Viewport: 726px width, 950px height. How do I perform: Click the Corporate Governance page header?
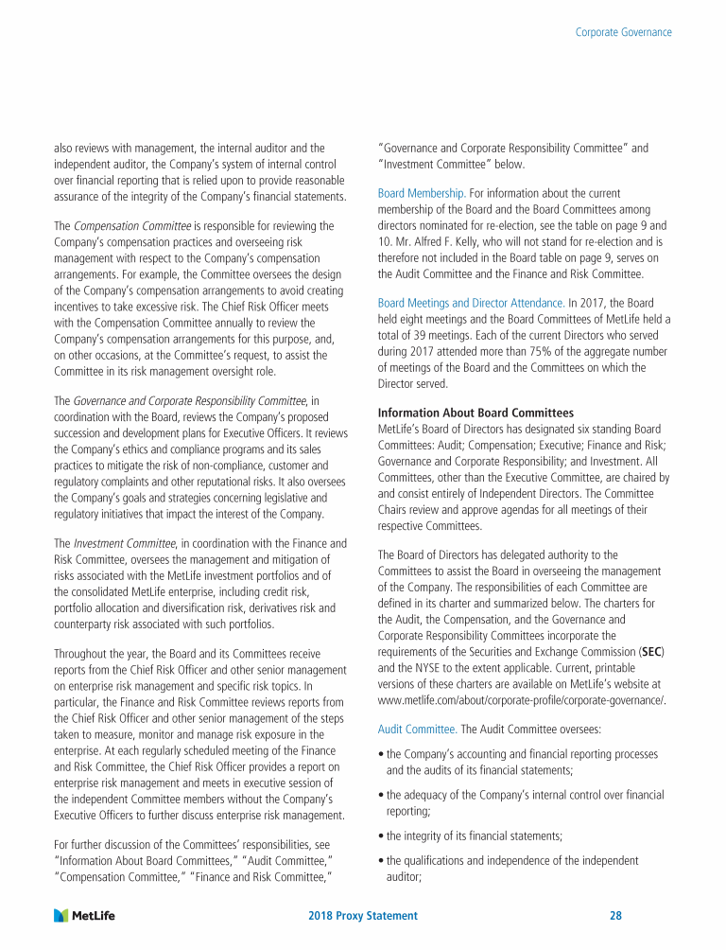(624, 32)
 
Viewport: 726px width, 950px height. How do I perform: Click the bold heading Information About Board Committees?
(475, 413)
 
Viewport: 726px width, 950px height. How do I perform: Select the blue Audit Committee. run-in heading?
(417, 730)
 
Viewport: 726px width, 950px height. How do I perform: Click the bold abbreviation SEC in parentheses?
(650, 653)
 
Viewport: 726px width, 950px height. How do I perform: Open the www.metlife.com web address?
(522, 700)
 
